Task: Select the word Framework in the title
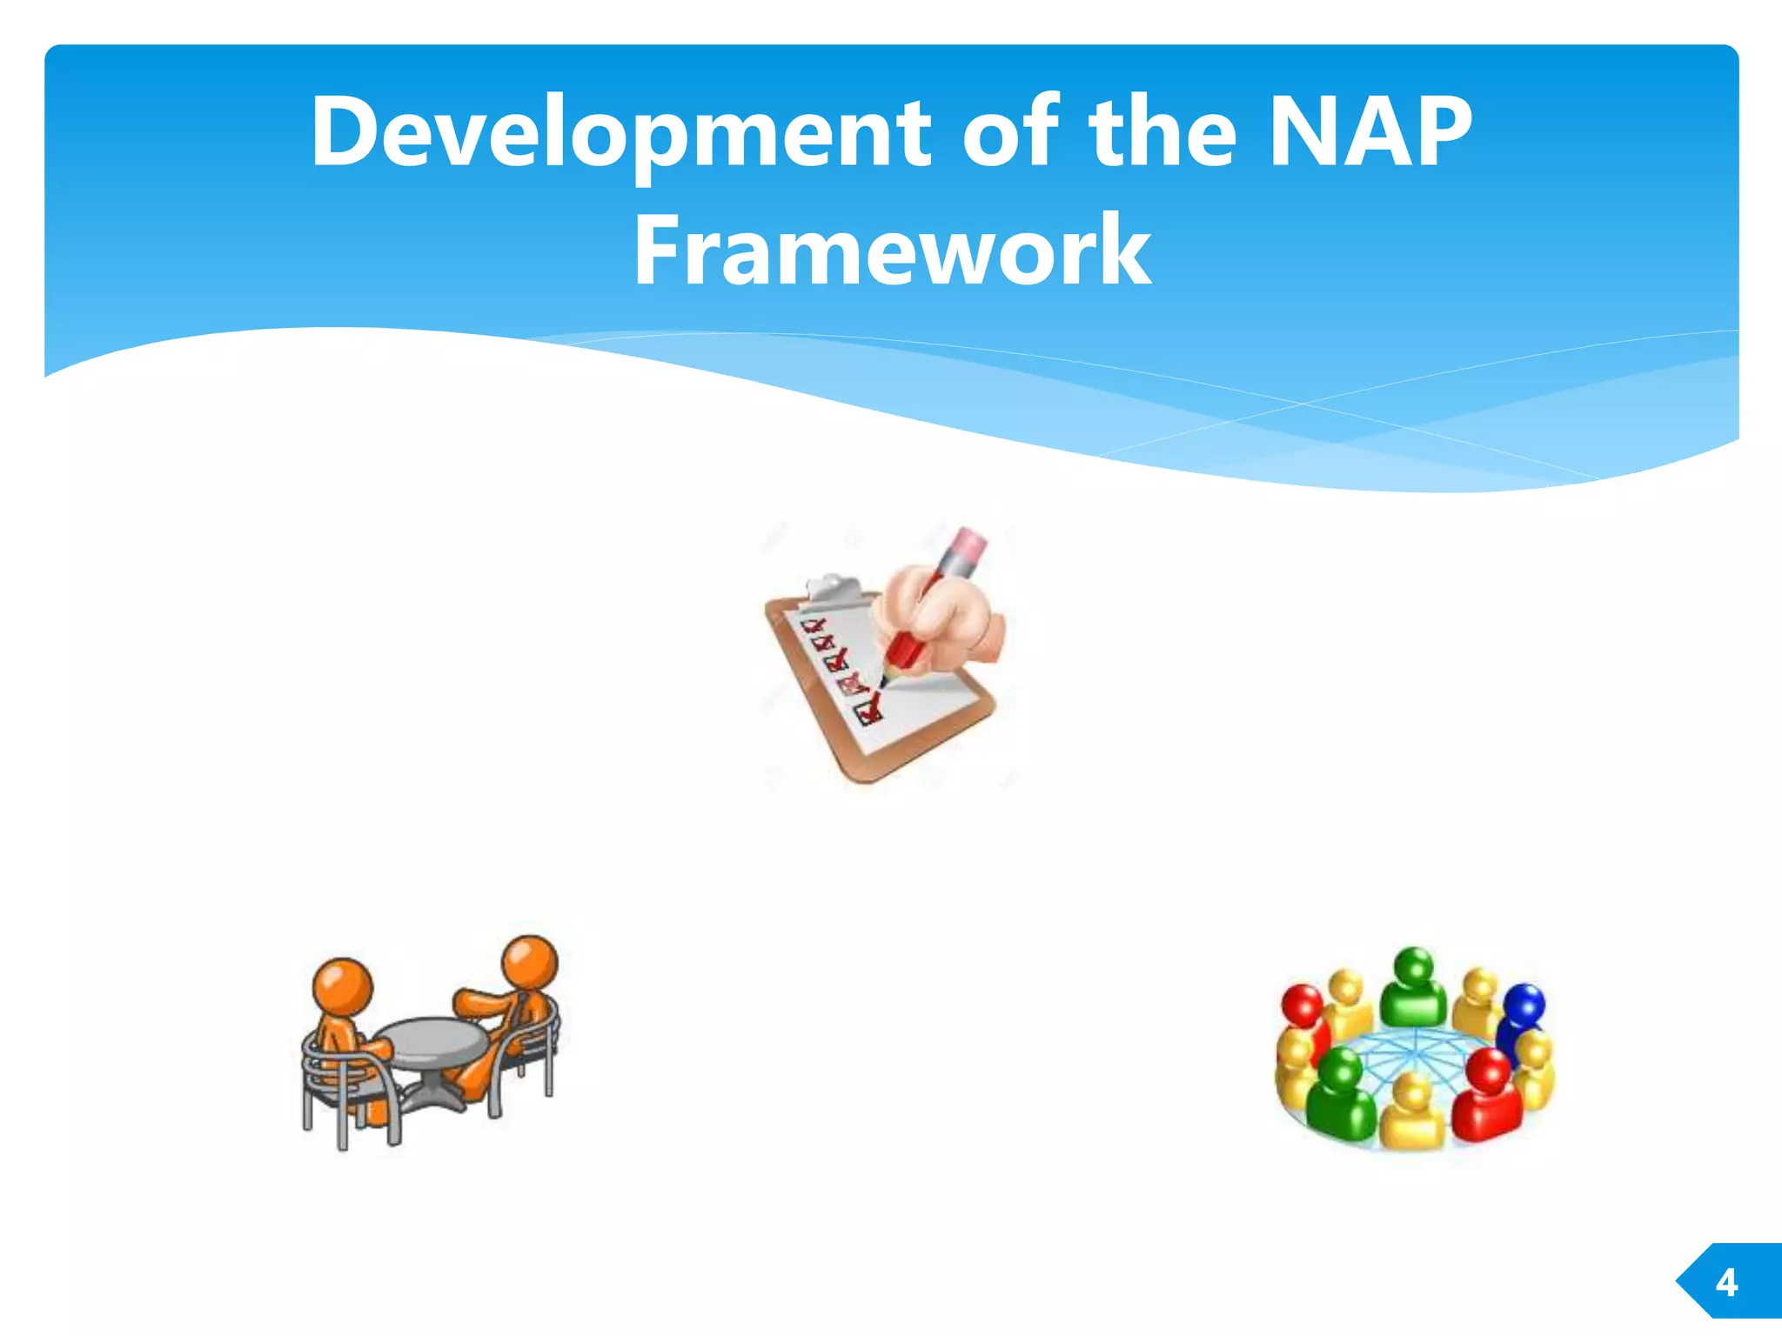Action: click(892, 251)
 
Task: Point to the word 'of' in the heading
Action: click(1010, 132)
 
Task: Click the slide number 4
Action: click(1726, 1283)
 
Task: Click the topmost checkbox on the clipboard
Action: click(813, 625)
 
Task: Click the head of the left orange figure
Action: click(343, 985)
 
